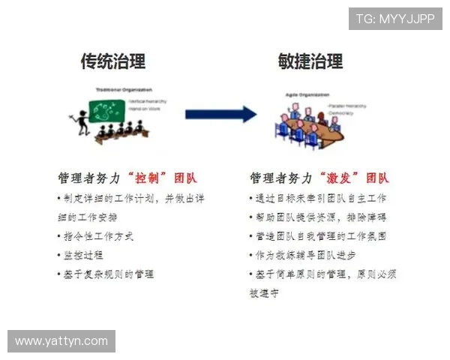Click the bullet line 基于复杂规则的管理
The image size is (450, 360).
pos(106,274)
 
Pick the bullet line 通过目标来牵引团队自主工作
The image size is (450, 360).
pos(318,198)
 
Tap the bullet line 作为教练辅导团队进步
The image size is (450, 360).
pos(303,255)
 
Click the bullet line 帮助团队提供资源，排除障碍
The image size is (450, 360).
pos(317,217)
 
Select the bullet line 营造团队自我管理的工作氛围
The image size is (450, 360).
pos(318,236)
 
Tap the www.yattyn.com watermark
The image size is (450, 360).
pos(61,341)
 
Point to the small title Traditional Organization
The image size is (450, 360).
pos(119,90)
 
